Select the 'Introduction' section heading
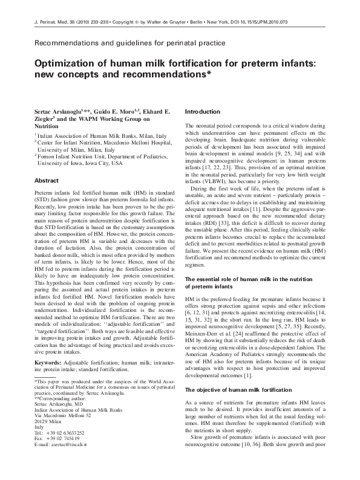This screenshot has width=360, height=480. [x=202, y=112]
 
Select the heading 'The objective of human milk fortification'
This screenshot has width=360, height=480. [x=241, y=390]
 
